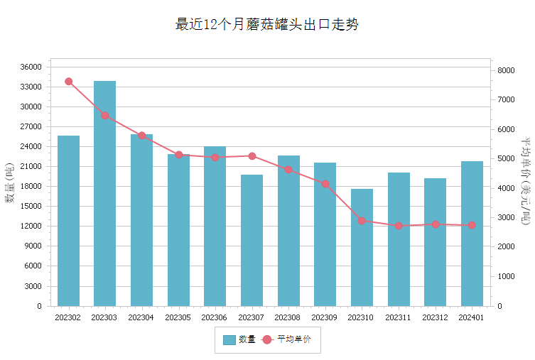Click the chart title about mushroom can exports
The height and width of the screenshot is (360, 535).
pyautogui.click(x=267, y=24)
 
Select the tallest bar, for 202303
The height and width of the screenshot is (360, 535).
pyautogui.click(x=104, y=193)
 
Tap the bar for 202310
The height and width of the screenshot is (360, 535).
pyautogui.click(x=362, y=248)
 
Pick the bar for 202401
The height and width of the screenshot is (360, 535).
pyautogui.click(x=472, y=234)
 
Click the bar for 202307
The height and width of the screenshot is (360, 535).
pyautogui.click(x=252, y=240)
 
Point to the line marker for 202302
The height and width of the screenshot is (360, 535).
pyautogui.click(x=69, y=82)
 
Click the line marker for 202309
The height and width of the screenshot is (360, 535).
pyautogui.click(x=325, y=184)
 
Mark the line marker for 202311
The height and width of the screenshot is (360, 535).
pyautogui.click(x=399, y=226)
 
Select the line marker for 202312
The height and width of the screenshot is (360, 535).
pyautogui.click(x=436, y=224)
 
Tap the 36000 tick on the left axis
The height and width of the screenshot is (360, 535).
pyautogui.click(x=31, y=67)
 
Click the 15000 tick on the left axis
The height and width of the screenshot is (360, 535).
pyautogui.click(x=31, y=206)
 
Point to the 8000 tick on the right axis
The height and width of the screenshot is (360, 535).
pyautogui.click(x=506, y=70)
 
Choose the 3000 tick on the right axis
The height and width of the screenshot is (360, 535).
pyautogui.click(x=506, y=217)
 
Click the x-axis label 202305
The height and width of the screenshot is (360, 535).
pyautogui.click(x=178, y=317)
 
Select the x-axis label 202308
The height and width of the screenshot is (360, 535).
pyautogui.click(x=287, y=317)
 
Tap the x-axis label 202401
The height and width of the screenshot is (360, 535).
pyautogui.click(x=471, y=317)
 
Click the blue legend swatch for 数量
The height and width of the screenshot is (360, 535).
pyautogui.click(x=229, y=340)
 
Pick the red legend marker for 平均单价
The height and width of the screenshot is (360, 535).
pyautogui.click(x=267, y=340)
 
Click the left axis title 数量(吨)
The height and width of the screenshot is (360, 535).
pyautogui.click(x=9, y=183)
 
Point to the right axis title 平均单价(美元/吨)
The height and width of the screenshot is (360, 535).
pyautogui.click(x=526, y=180)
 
